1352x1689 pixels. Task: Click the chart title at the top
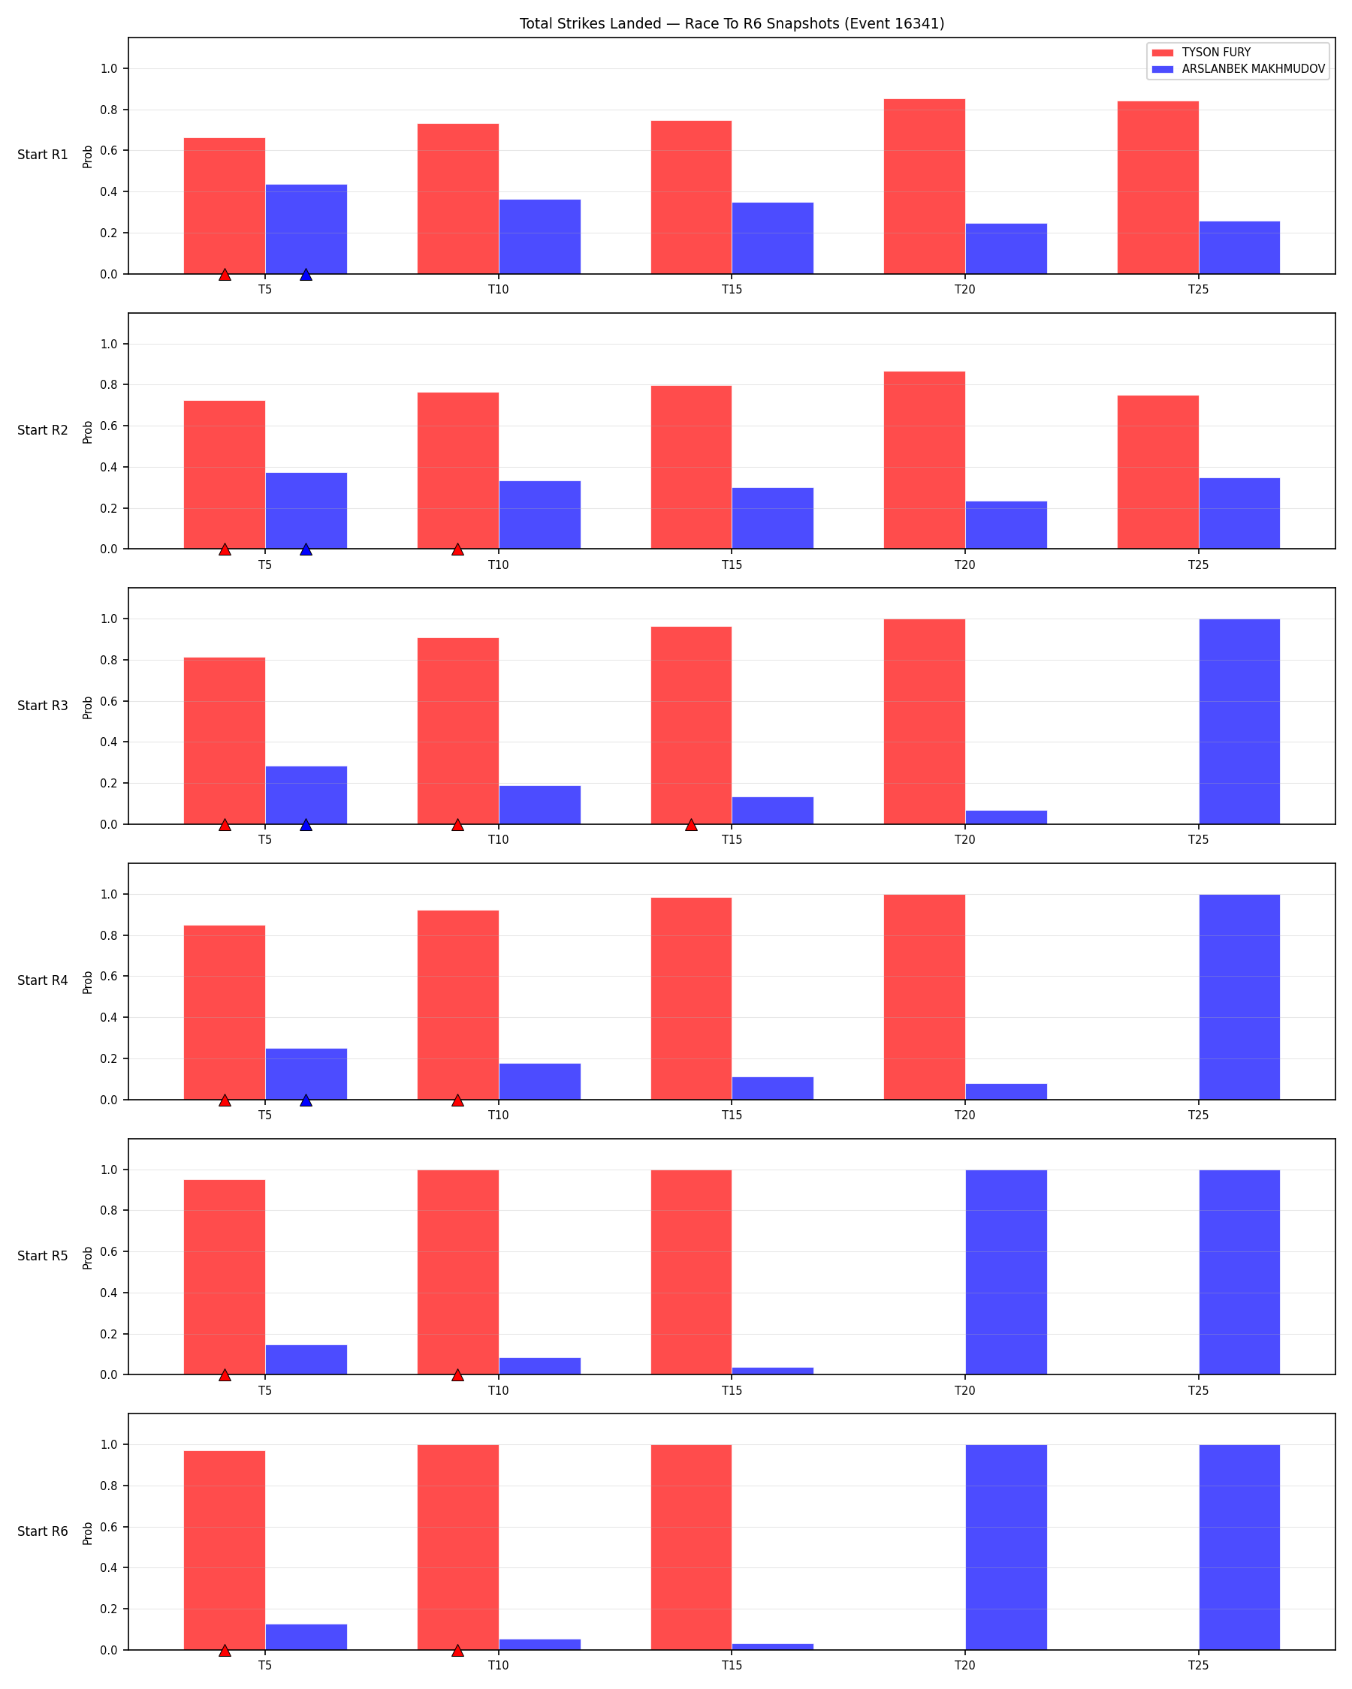[732, 23]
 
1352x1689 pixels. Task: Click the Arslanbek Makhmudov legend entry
[1239, 69]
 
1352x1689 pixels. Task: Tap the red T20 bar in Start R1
[925, 186]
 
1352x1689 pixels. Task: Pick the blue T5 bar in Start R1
[306, 230]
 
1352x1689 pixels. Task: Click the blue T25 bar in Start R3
[1239, 721]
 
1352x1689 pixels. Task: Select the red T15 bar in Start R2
[691, 468]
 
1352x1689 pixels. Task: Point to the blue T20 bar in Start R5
[1006, 1272]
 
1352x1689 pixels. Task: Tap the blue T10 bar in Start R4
[540, 1082]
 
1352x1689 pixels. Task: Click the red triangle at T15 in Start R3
[691, 825]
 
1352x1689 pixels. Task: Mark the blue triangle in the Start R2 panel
[306, 550]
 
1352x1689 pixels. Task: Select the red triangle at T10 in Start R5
[457, 1376]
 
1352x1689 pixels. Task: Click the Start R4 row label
[43, 981]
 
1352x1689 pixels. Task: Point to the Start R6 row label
[43, 1531]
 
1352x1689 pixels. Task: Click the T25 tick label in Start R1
[1198, 290]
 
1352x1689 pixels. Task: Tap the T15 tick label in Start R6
[732, 1666]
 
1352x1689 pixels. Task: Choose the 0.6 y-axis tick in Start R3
[109, 701]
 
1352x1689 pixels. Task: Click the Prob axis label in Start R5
[88, 1258]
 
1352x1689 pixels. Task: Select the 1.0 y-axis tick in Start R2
[109, 344]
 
